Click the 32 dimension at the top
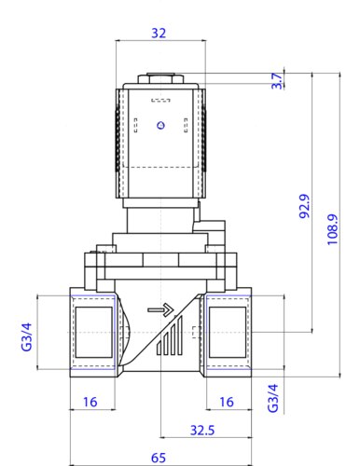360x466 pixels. (159, 33)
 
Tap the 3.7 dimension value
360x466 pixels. (277, 81)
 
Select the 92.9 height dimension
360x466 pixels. (305, 206)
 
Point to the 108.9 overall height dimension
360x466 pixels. (332, 229)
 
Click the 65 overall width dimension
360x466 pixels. (159, 458)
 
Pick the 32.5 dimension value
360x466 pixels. (202, 431)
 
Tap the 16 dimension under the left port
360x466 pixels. (90, 402)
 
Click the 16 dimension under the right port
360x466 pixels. (227, 402)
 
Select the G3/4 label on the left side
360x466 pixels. (27, 337)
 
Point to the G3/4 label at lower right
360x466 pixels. (273, 398)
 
